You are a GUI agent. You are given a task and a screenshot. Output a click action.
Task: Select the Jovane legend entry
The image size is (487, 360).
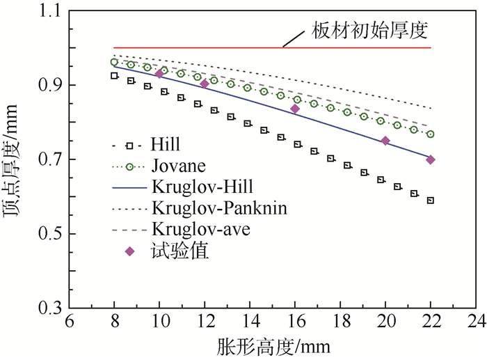click(172, 166)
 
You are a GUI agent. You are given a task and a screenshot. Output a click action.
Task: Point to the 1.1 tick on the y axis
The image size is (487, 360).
click(50, 12)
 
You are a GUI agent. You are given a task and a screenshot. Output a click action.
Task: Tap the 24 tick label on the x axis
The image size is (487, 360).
click(476, 324)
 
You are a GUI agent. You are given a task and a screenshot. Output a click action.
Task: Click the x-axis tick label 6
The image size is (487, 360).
click(68, 324)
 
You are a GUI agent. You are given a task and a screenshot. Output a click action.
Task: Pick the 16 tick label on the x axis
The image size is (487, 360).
click(294, 324)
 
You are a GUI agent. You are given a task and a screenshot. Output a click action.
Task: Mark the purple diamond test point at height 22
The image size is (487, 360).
click(431, 159)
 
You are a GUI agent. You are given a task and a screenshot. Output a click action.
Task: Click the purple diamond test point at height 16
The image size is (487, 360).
click(295, 109)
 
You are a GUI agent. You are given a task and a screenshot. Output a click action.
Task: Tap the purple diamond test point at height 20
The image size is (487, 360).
click(385, 141)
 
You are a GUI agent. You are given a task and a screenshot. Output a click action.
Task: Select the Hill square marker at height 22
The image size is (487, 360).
click(431, 201)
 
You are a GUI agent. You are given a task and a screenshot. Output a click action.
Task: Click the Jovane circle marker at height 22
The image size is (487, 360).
click(431, 134)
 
